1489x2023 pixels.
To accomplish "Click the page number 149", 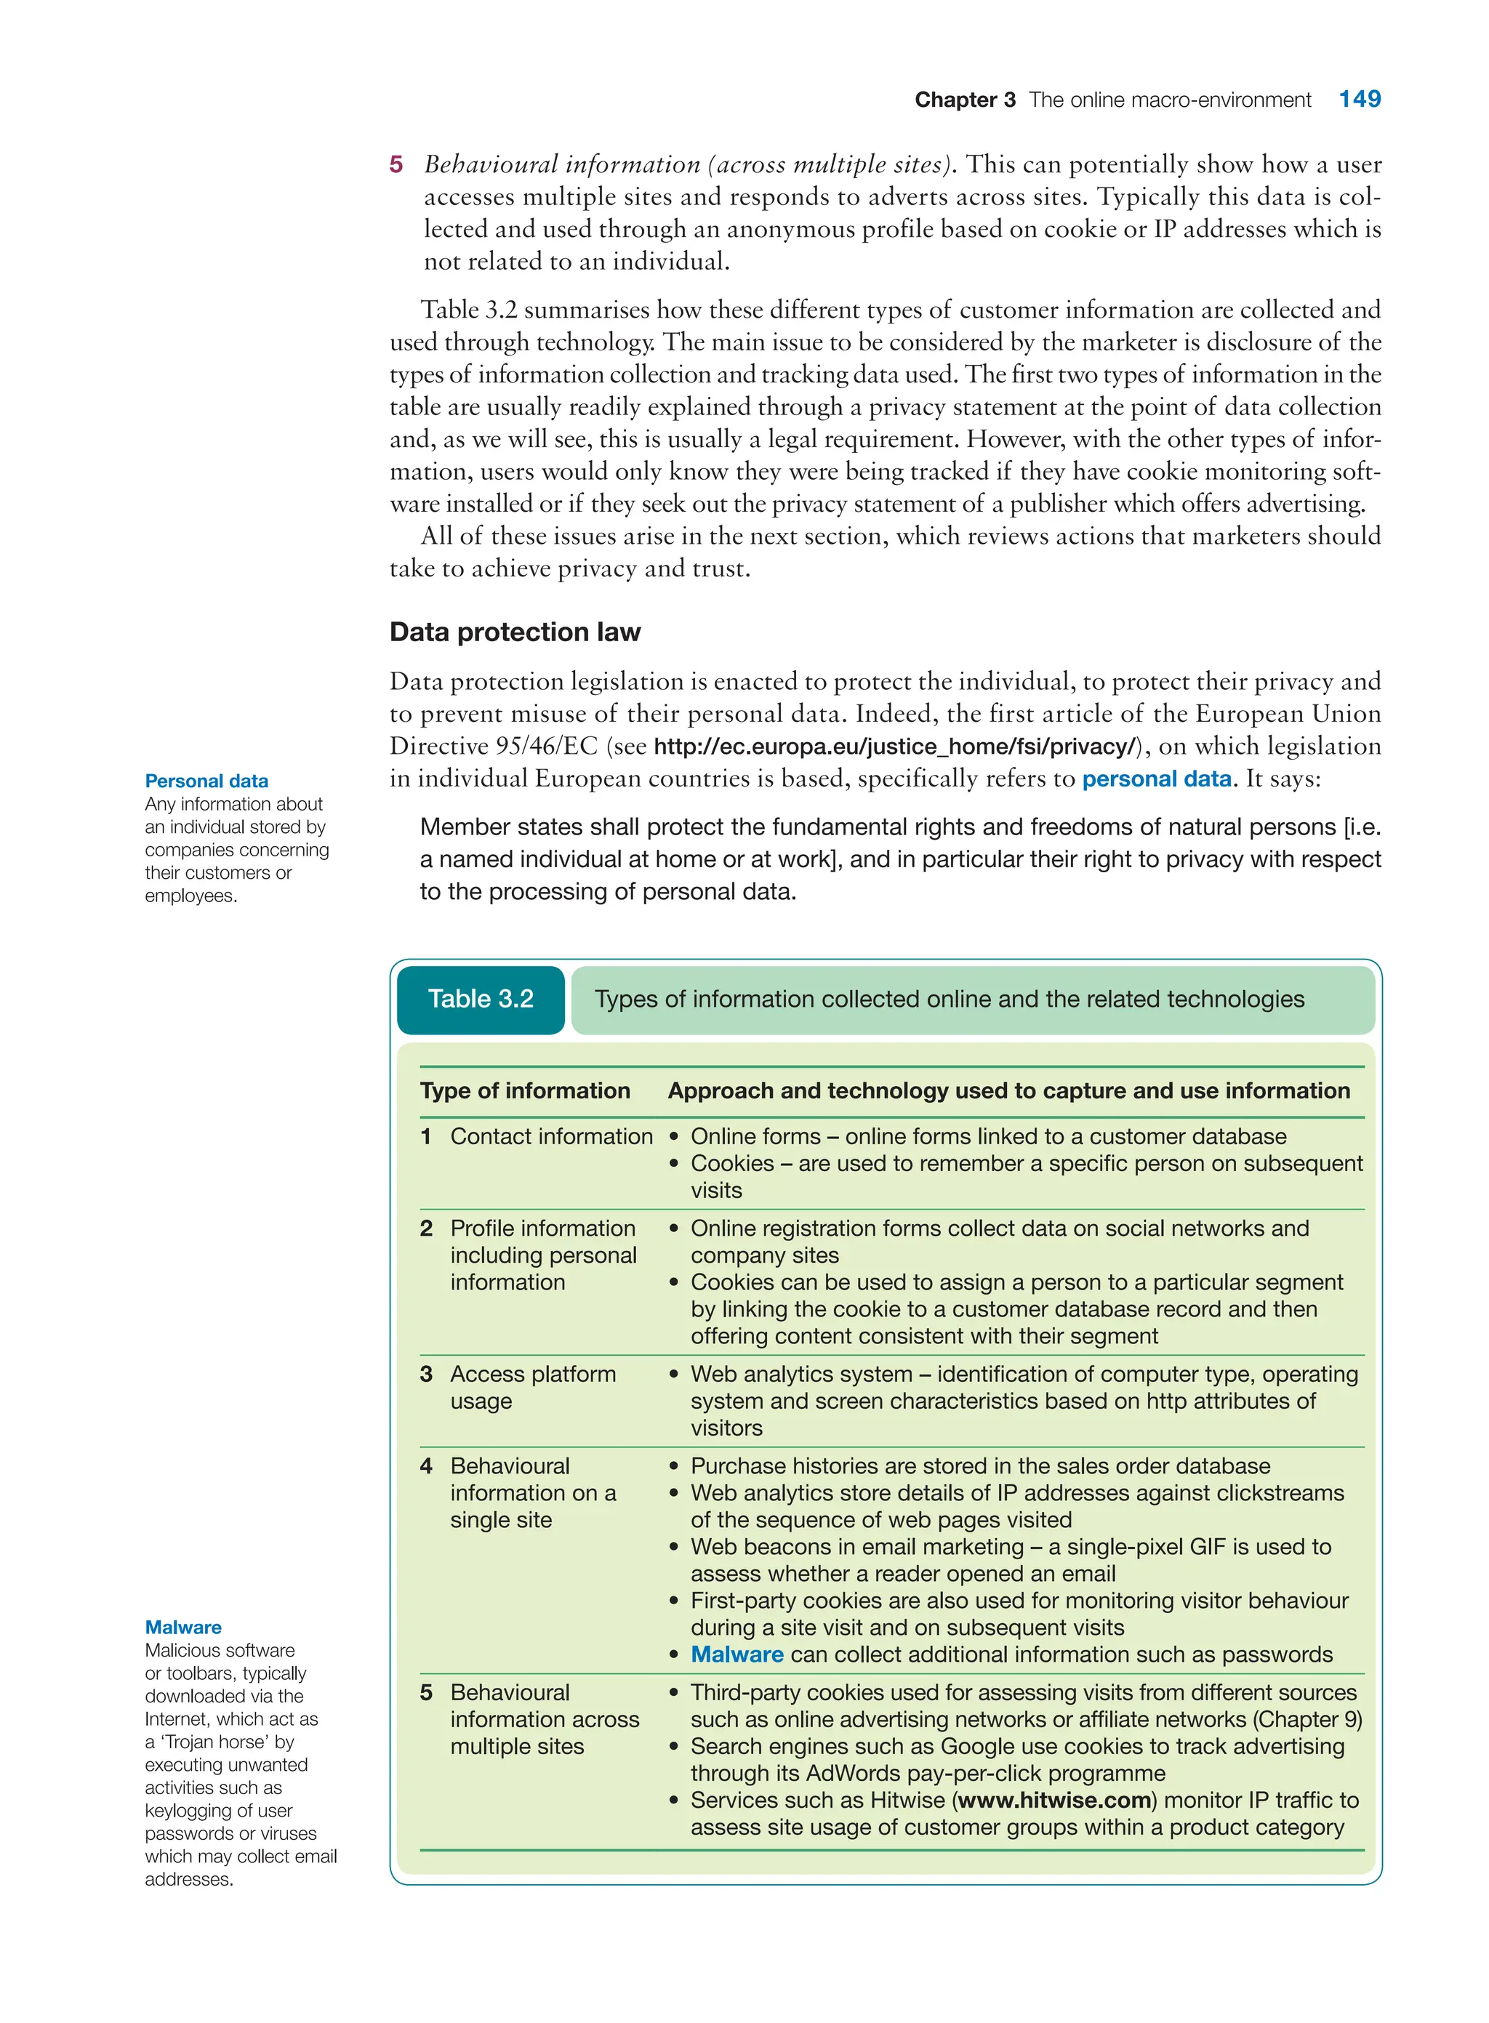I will pyautogui.click(x=1358, y=99).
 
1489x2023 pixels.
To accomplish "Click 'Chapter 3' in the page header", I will pyautogui.click(x=964, y=100).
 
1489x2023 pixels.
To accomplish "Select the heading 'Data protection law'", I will pyautogui.click(x=515, y=632).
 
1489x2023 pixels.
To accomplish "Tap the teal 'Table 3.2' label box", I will pyautogui.click(x=481, y=1000).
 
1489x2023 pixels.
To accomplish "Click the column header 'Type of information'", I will pyautogui.click(x=525, y=1090).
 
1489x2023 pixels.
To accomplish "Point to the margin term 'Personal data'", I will pyautogui.click(x=206, y=781).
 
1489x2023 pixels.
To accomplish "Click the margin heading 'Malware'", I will pyautogui.click(x=183, y=1627).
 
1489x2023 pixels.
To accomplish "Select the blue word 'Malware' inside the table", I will pyautogui.click(x=737, y=1654).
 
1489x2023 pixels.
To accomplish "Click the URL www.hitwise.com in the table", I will pyautogui.click(x=1054, y=1801).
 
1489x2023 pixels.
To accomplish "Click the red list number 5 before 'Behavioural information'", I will pyautogui.click(x=396, y=165).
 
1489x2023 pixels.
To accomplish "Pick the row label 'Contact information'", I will pyautogui.click(x=550, y=1136).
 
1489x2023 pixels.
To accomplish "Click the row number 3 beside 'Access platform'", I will pyautogui.click(x=426, y=1374).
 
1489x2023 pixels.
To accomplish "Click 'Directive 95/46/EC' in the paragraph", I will pyautogui.click(x=493, y=747).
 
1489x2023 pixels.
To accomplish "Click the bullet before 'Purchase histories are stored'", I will pyautogui.click(x=673, y=1467).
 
